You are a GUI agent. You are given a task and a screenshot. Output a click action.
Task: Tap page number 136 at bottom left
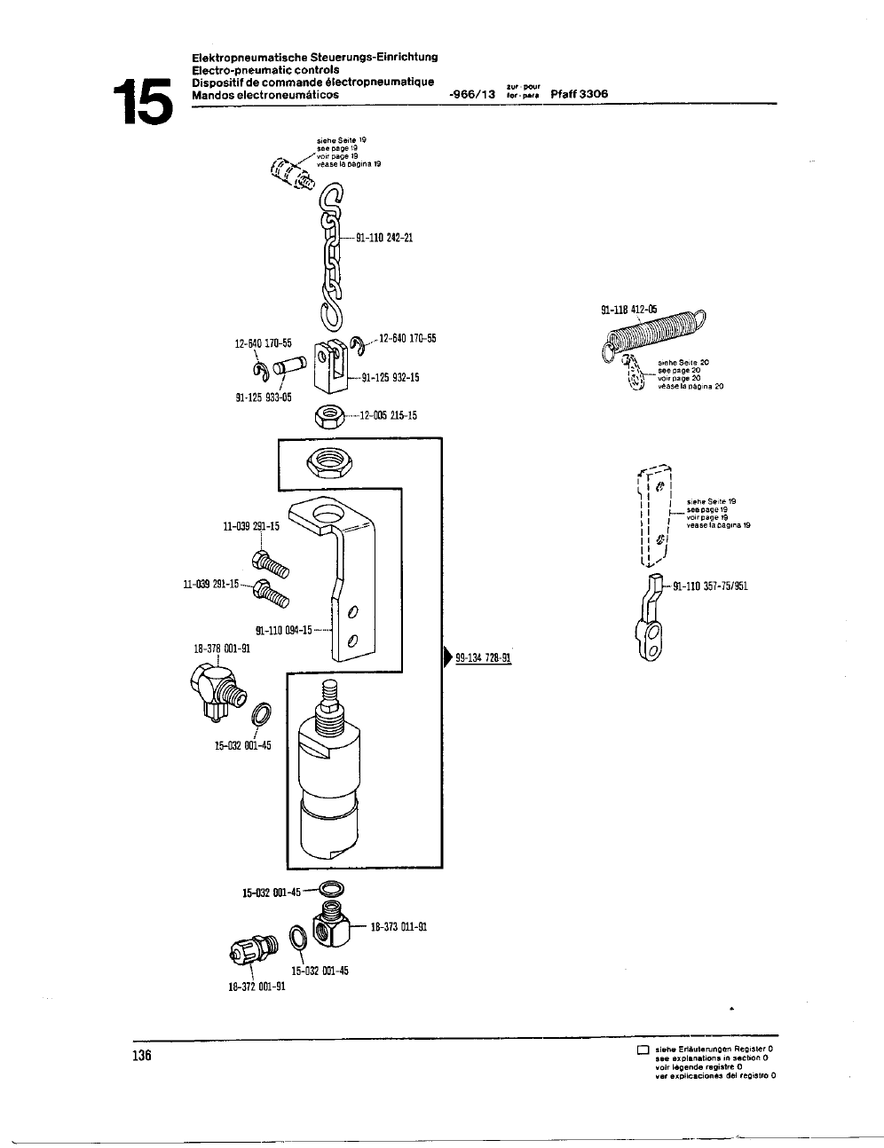tap(141, 1056)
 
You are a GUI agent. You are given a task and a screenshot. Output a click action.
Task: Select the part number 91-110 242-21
tap(384, 238)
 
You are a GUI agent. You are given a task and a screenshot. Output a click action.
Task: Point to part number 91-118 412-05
tap(629, 310)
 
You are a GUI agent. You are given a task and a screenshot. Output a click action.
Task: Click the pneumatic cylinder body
tap(332, 781)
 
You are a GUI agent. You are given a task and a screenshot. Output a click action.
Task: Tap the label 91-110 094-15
tap(284, 631)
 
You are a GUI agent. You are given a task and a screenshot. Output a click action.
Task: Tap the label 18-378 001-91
tap(222, 649)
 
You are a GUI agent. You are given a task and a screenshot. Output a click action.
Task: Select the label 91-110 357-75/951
tap(710, 586)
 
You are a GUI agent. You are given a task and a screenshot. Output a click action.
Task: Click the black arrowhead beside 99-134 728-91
tap(447, 657)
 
